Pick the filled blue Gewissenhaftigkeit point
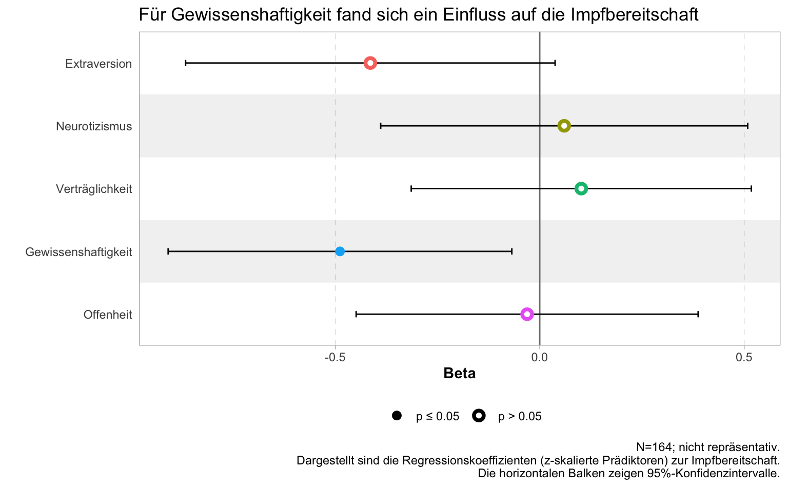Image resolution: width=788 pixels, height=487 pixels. (x=340, y=251)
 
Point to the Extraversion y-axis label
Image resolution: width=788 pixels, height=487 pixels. (x=98, y=64)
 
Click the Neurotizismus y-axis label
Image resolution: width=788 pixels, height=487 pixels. (x=94, y=126)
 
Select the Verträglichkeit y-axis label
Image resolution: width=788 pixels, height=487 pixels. (x=94, y=189)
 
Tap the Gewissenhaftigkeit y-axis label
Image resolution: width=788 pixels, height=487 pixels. (x=78, y=252)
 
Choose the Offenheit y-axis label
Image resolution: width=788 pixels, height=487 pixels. (x=108, y=315)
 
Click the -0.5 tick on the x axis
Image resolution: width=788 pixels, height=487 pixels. (x=335, y=358)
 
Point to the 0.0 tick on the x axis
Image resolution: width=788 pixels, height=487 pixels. (x=540, y=358)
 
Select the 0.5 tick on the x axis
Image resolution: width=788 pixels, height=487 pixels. (x=744, y=358)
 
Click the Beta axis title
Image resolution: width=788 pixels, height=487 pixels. (x=460, y=374)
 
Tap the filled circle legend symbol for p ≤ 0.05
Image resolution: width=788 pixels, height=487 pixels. (x=397, y=416)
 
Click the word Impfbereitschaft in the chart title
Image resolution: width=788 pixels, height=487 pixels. (x=635, y=15)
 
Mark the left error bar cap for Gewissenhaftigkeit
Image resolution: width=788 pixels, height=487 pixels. (x=168, y=251)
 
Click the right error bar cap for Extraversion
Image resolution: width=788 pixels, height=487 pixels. (x=555, y=63)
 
